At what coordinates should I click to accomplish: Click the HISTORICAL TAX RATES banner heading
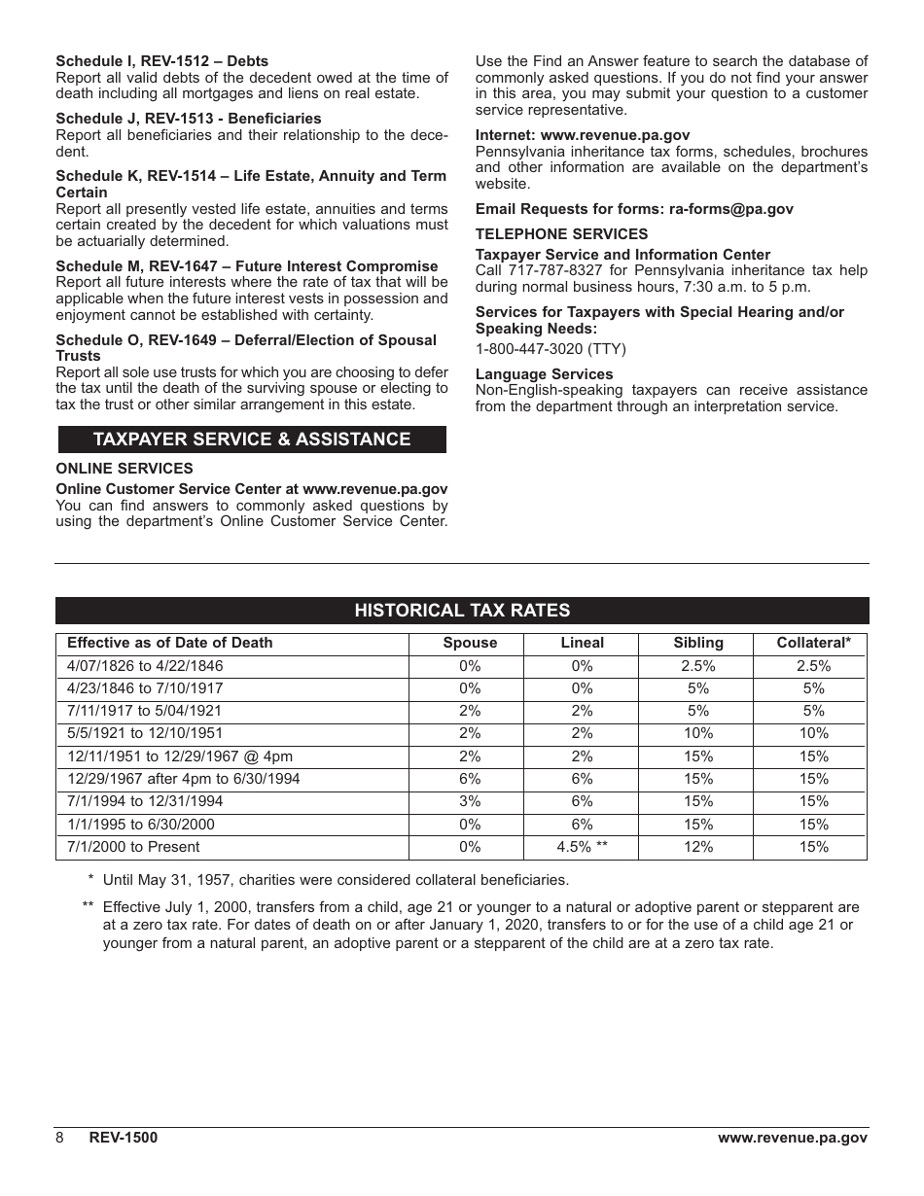(462, 611)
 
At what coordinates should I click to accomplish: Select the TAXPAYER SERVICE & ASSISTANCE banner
(252, 440)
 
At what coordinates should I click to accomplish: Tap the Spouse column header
(470, 643)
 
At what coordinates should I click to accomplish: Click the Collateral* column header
(813, 643)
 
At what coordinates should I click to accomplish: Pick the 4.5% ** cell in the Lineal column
(582, 847)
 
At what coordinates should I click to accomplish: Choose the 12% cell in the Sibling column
(698, 847)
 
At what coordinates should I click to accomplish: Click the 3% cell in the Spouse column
(470, 801)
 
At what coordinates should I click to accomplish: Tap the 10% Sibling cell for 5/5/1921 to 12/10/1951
(698, 733)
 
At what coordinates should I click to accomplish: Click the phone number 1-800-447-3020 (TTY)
(551, 349)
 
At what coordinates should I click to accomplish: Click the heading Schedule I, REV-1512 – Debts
(161, 61)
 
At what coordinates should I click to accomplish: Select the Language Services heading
(544, 374)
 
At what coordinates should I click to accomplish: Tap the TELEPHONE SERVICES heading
(561, 234)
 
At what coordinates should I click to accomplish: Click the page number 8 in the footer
(59, 1138)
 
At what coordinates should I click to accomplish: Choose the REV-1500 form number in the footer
(123, 1138)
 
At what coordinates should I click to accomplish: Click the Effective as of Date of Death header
(169, 643)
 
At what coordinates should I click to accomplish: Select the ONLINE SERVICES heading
(124, 469)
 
